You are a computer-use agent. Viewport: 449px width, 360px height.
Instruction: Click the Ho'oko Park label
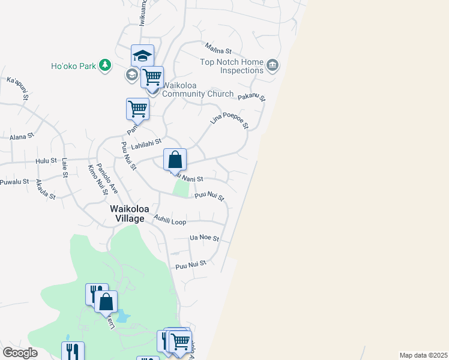click(x=73, y=65)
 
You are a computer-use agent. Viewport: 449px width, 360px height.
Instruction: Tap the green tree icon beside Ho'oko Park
click(x=105, y=65)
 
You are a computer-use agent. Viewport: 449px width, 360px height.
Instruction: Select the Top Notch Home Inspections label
click(x=232, y=66)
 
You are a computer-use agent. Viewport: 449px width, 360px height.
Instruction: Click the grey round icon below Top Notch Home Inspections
click(x=273, y=65)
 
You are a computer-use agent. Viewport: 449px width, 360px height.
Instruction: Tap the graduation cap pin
click(x=143, y=56)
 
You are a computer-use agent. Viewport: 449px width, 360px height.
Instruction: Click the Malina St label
click(x=218, y=47)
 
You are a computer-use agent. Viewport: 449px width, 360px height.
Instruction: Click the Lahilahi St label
click(x=146, y=142)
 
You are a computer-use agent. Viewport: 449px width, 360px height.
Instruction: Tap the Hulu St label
click(x=45, y=161)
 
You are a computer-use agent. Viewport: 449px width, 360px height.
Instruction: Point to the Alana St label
click(x=22, y=137)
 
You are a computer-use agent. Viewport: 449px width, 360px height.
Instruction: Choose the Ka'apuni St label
click(x=18, y=87)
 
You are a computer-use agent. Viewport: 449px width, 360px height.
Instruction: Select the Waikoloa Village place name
click(x=127, y=214)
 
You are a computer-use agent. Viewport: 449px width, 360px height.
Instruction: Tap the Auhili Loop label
click(x=170, y=220)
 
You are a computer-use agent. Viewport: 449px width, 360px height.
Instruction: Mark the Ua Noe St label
click(x=204, y=238)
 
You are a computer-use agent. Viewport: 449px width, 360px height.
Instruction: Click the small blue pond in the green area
click(x=124, y=316)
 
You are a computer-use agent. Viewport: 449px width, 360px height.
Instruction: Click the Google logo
click(x=20, y=353)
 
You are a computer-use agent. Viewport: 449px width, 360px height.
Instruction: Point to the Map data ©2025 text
click(x=423, y=355)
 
